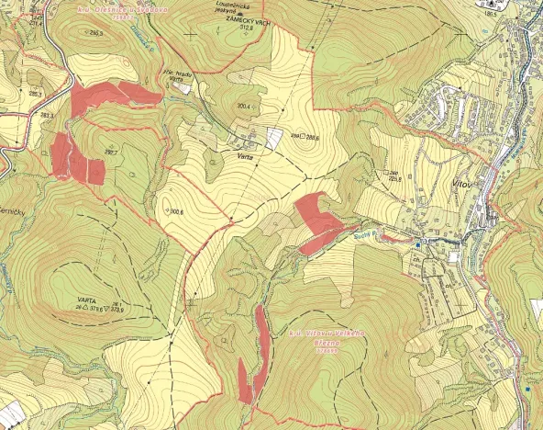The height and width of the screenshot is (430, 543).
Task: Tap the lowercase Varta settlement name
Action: (245, 157)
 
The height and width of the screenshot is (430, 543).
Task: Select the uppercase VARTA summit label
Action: (87, 300)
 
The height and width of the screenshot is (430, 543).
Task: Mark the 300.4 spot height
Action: (243, 107)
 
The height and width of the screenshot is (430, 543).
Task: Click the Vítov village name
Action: (463, 184)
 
